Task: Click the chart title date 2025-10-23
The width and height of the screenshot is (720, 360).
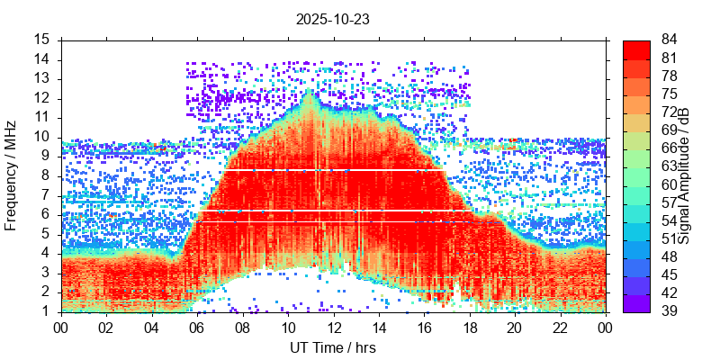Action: (332, 18)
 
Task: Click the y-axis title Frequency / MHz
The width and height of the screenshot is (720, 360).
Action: (12, 175)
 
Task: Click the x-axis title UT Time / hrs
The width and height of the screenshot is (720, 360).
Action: (332, 347)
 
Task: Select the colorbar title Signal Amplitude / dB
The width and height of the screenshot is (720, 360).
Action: (684, 175)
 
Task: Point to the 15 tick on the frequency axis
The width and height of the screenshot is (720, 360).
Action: (42, 40)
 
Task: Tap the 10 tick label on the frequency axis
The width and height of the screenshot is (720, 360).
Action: (42, 137)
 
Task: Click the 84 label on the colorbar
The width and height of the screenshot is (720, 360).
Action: (670, 40)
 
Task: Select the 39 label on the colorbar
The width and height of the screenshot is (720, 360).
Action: (670, 310)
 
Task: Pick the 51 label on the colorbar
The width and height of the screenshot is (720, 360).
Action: (670, 238)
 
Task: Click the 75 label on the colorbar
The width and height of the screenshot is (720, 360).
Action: (670, 94)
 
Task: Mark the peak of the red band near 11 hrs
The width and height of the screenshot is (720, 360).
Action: (310, 92)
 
